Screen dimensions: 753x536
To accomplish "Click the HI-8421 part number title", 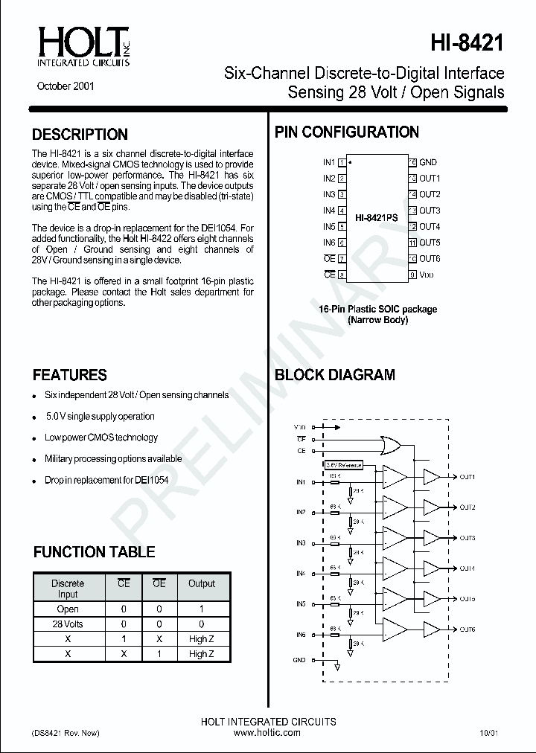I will (x=468, y=43).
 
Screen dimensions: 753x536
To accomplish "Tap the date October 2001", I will (x=66, y=86).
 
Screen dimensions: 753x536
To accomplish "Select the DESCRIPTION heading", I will (x=80, y=135).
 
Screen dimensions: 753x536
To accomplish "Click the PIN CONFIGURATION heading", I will (x=347, y=132).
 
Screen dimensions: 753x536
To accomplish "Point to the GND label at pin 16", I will (x=427, y=162).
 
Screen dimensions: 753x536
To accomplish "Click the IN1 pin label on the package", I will (x=328, y=162).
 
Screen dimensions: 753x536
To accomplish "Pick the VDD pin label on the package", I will (x=427, y=275).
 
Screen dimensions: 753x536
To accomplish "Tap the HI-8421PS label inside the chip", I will (x=377, y=218).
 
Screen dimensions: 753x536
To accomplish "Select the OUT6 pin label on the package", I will (x=430, y=259).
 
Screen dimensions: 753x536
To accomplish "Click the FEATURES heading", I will (x=70, y=375).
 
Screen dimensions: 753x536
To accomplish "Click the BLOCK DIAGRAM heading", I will (x=335, y=375).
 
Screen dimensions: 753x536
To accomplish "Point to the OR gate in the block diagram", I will (x=389, y=446).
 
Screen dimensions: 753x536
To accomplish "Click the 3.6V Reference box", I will (x=343, y=465).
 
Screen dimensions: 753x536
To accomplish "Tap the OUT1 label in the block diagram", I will (x=467, y=476).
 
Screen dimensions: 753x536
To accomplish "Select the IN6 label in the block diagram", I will (x=301, y=635).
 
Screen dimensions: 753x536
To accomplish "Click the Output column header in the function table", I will (x=201, y=584).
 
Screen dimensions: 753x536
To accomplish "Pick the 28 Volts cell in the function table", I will (x=68, y=624).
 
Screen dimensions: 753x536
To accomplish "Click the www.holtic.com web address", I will (x=267, y=733).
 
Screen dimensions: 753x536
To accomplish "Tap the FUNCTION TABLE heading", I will (x=95, y=552).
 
